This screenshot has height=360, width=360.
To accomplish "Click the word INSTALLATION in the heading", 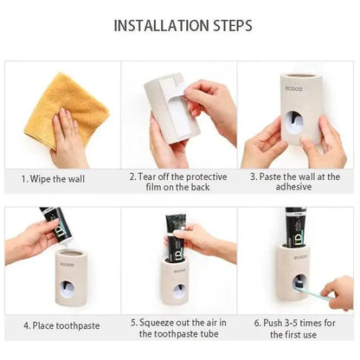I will (x=158, y=23).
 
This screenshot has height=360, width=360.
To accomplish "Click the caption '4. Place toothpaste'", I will (x=59, y=325).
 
